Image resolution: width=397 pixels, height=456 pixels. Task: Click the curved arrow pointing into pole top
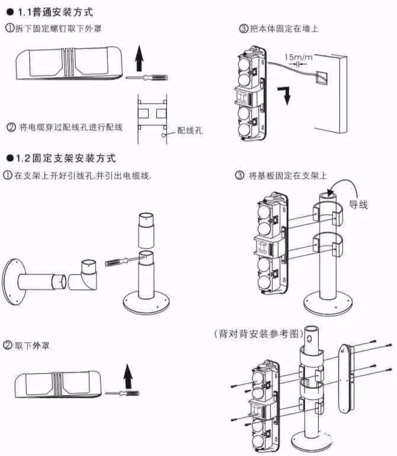pyautogui.click(x=350, y=190)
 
